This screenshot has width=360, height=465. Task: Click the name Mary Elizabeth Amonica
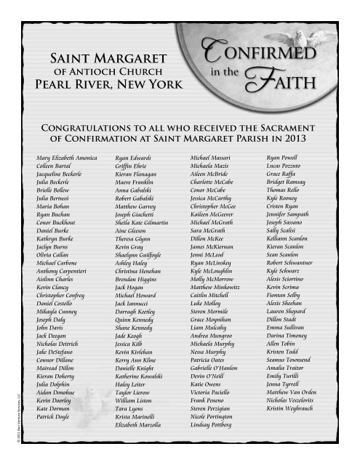(x=67, y=156)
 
